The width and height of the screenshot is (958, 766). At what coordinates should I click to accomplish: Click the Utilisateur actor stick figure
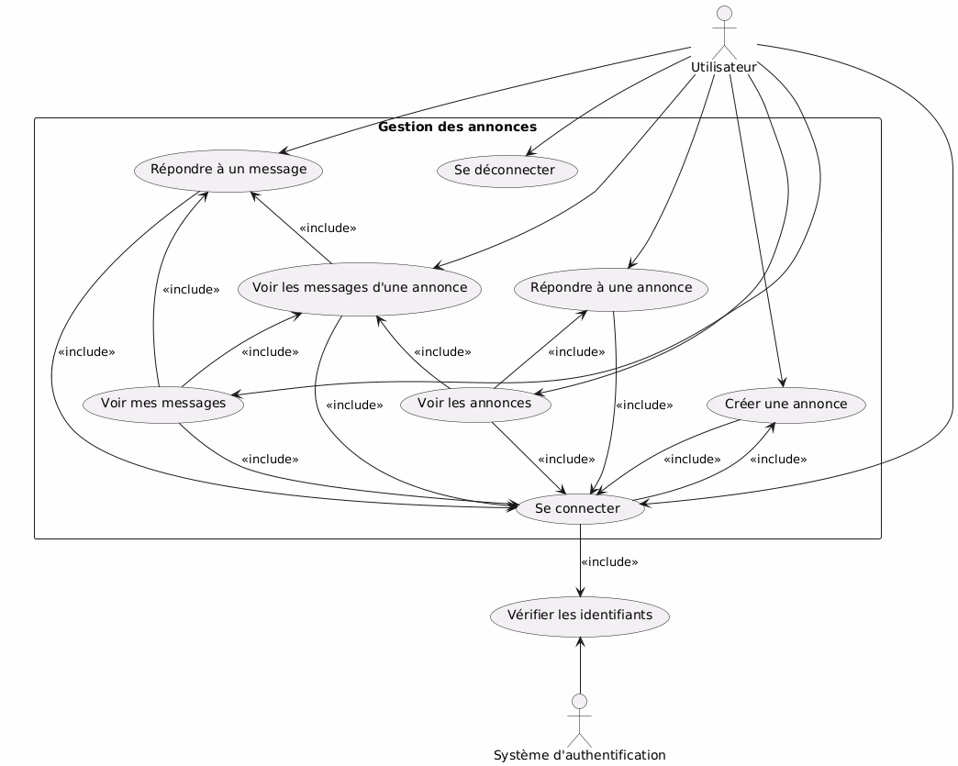coord(723,31)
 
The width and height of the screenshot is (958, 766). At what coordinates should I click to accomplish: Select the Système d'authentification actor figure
coord(579,719)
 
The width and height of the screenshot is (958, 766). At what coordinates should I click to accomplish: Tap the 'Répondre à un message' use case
coord(228,170)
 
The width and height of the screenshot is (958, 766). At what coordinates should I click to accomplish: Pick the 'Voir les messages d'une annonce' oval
coord(359,288)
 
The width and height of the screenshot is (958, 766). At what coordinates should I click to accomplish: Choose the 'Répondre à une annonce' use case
coord(611,288)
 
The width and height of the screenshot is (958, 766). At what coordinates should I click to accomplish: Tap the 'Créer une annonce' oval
coord(785,405)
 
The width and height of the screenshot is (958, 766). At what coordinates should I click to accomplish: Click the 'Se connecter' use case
coord(580,509)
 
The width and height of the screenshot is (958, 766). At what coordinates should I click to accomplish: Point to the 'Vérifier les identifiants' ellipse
coord(579,615)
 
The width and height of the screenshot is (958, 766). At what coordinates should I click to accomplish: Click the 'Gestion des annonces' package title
coord(457,127)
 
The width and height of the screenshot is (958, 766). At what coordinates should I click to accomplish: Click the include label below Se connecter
coord(609,561)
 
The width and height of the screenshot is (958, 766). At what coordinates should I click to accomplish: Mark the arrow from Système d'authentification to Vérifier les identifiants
coord(579,665)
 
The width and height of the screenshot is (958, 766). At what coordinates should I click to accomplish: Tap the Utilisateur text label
coord(723,66)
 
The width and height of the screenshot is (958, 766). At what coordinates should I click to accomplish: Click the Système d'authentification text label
coord(579,755)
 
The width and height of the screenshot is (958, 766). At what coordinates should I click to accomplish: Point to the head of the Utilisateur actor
coord(723,13)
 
